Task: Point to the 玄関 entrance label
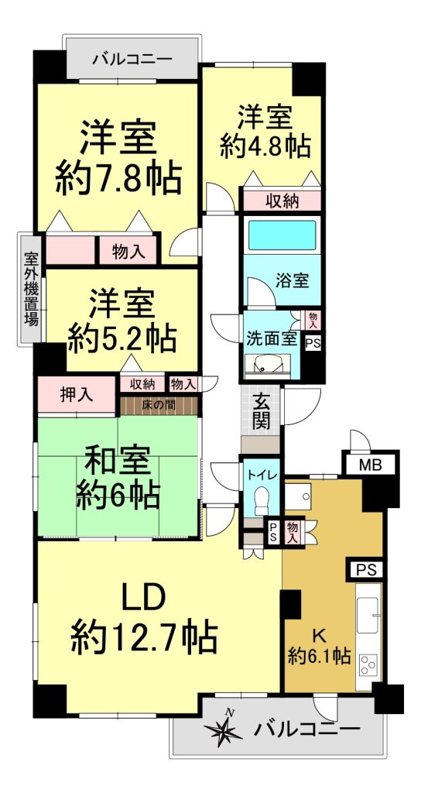pyautogui.click(x=262, y=412)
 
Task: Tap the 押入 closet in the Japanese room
pyautogui.click(x=77, y=394)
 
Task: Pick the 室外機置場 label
pyautogui.click(x=31, y=289)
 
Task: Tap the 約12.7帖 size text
pyautogui.click(x=145, y=637)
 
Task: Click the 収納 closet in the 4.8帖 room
pyautogui.click(x=282, y=201)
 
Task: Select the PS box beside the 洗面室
pyautogui.click(x=313, y=342)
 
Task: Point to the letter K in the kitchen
pyautogui.click(x=319, y=634)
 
